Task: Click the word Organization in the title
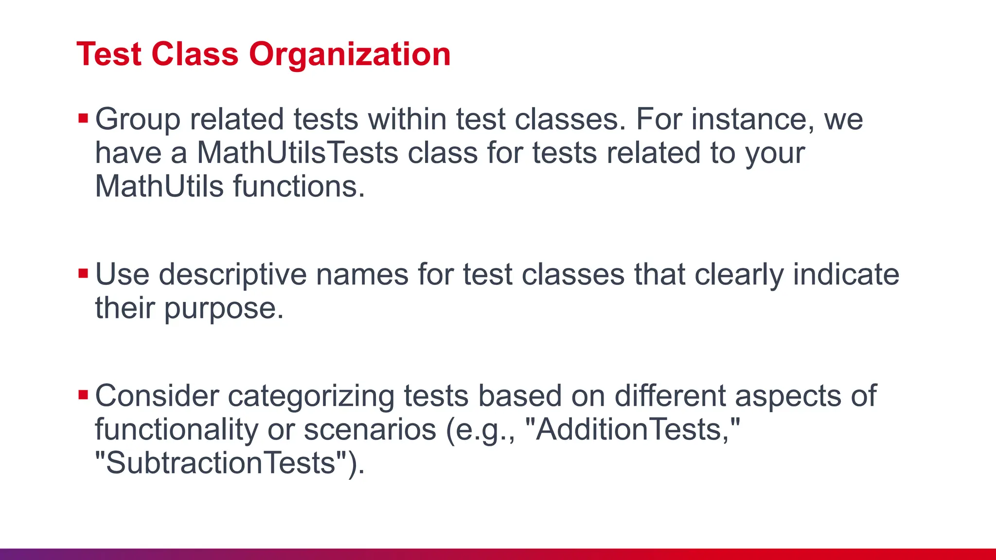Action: pyautogui.click(x=350, y=54)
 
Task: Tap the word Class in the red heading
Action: pyautogui.click(x=195, y=54)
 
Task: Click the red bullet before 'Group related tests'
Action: pyautogui.click(x=83, y=118)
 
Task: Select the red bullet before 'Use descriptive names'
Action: pyautogui.click(x=83, y=274)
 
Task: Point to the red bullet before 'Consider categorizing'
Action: pyautogui.click(x=83, y=395)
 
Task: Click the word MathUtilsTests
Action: pyautogui.click(x=298, y=153)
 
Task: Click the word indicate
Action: pyautogui.click(x=846, y=275)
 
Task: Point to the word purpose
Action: pyautogui.click(x=223, y=309)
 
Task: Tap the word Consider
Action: pyautogui.click(x=157, y=396)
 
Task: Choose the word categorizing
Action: pyautogui.click(x=311, y=396)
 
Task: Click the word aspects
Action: pyautogui.click(x=788, y=396)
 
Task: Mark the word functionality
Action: pyautogui.click(x=177, y=430)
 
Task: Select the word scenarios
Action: pyautogui.click(x=370, y=430)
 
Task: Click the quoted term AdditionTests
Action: pyautogui.click(x=632, y=430)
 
